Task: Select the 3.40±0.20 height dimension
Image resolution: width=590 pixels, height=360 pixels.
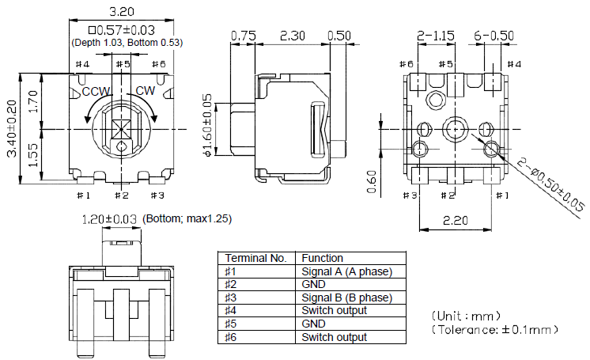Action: point(12,128)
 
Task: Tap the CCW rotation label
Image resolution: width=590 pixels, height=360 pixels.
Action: point(96,91)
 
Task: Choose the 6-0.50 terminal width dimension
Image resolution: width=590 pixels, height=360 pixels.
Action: point(494,36)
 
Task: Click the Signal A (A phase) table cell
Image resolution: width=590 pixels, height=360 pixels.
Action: point(346,271)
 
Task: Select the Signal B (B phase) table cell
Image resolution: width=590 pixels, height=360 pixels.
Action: point(346,297)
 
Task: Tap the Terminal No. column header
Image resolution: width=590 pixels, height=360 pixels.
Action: point(255,258)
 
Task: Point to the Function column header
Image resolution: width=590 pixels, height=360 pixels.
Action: point(323,258)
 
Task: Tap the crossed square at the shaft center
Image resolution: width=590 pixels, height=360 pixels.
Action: point(120,128)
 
